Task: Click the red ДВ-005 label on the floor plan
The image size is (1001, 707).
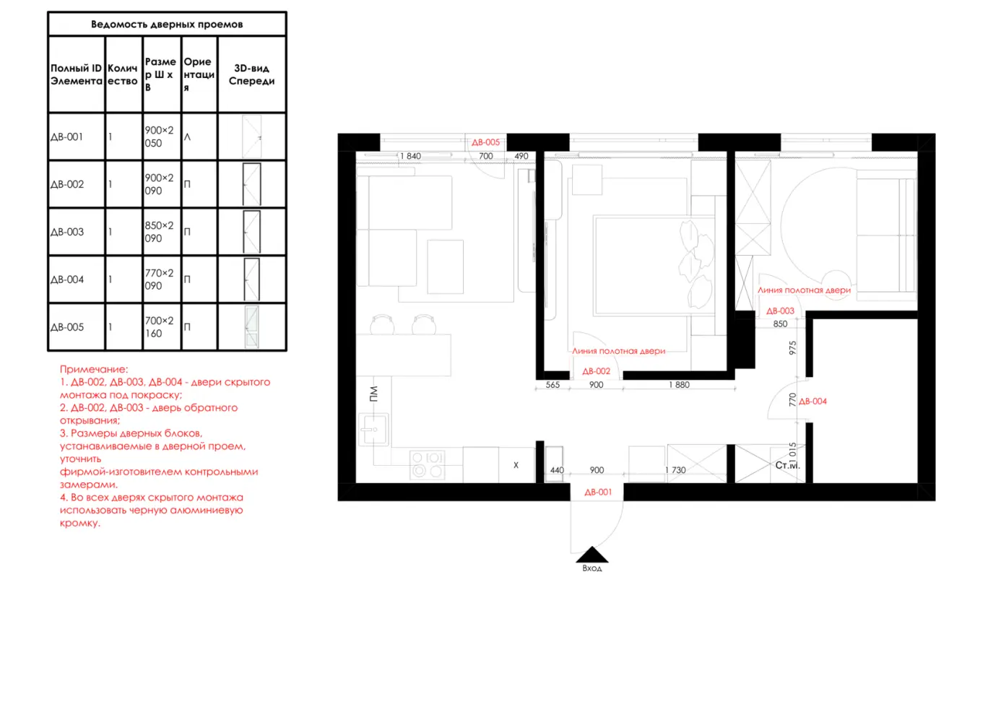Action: click(485, 142)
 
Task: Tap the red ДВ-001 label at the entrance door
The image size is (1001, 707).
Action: click(598, 492)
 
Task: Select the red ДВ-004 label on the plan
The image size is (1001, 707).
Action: click(812, 402)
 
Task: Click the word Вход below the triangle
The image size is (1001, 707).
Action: click(591, 568)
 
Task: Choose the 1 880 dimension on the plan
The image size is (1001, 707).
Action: click(679, 385)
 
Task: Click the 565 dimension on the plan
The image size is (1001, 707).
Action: click(552, 385)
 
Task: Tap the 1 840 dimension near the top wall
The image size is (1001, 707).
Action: click(410, 156)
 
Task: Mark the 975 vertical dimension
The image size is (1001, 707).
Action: click(792, 348)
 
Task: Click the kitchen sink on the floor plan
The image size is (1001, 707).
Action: click(373, 430)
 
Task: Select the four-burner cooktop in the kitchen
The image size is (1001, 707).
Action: click(427, 464)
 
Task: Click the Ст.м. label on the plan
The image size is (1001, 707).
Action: click(787, 465)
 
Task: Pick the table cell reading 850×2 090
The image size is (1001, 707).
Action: click(159, 232)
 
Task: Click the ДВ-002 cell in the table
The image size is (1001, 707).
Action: click(67, 184)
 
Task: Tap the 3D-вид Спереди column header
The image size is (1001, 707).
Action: click(251, 74)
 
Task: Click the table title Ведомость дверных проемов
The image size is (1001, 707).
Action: click(167, 24)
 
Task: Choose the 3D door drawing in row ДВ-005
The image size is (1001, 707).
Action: click(251, 326)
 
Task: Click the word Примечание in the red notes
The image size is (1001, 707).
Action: click(94, 369)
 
